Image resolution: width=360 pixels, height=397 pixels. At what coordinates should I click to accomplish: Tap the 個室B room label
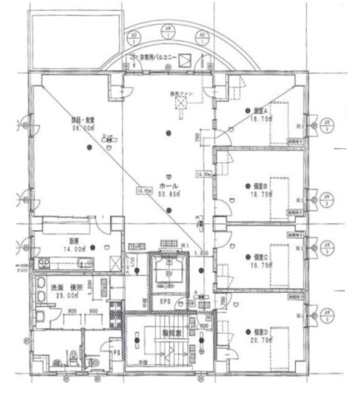(x=260, y=185)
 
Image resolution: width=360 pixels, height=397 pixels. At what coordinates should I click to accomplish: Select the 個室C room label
(x=260, y=256)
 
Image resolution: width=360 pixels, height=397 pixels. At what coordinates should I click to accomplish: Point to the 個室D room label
(x=259, y=331)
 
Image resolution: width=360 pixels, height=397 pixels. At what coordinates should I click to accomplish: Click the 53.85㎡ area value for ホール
(x=169, y=194)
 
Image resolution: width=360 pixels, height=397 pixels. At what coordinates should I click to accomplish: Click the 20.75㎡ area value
(x=259, y=339)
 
